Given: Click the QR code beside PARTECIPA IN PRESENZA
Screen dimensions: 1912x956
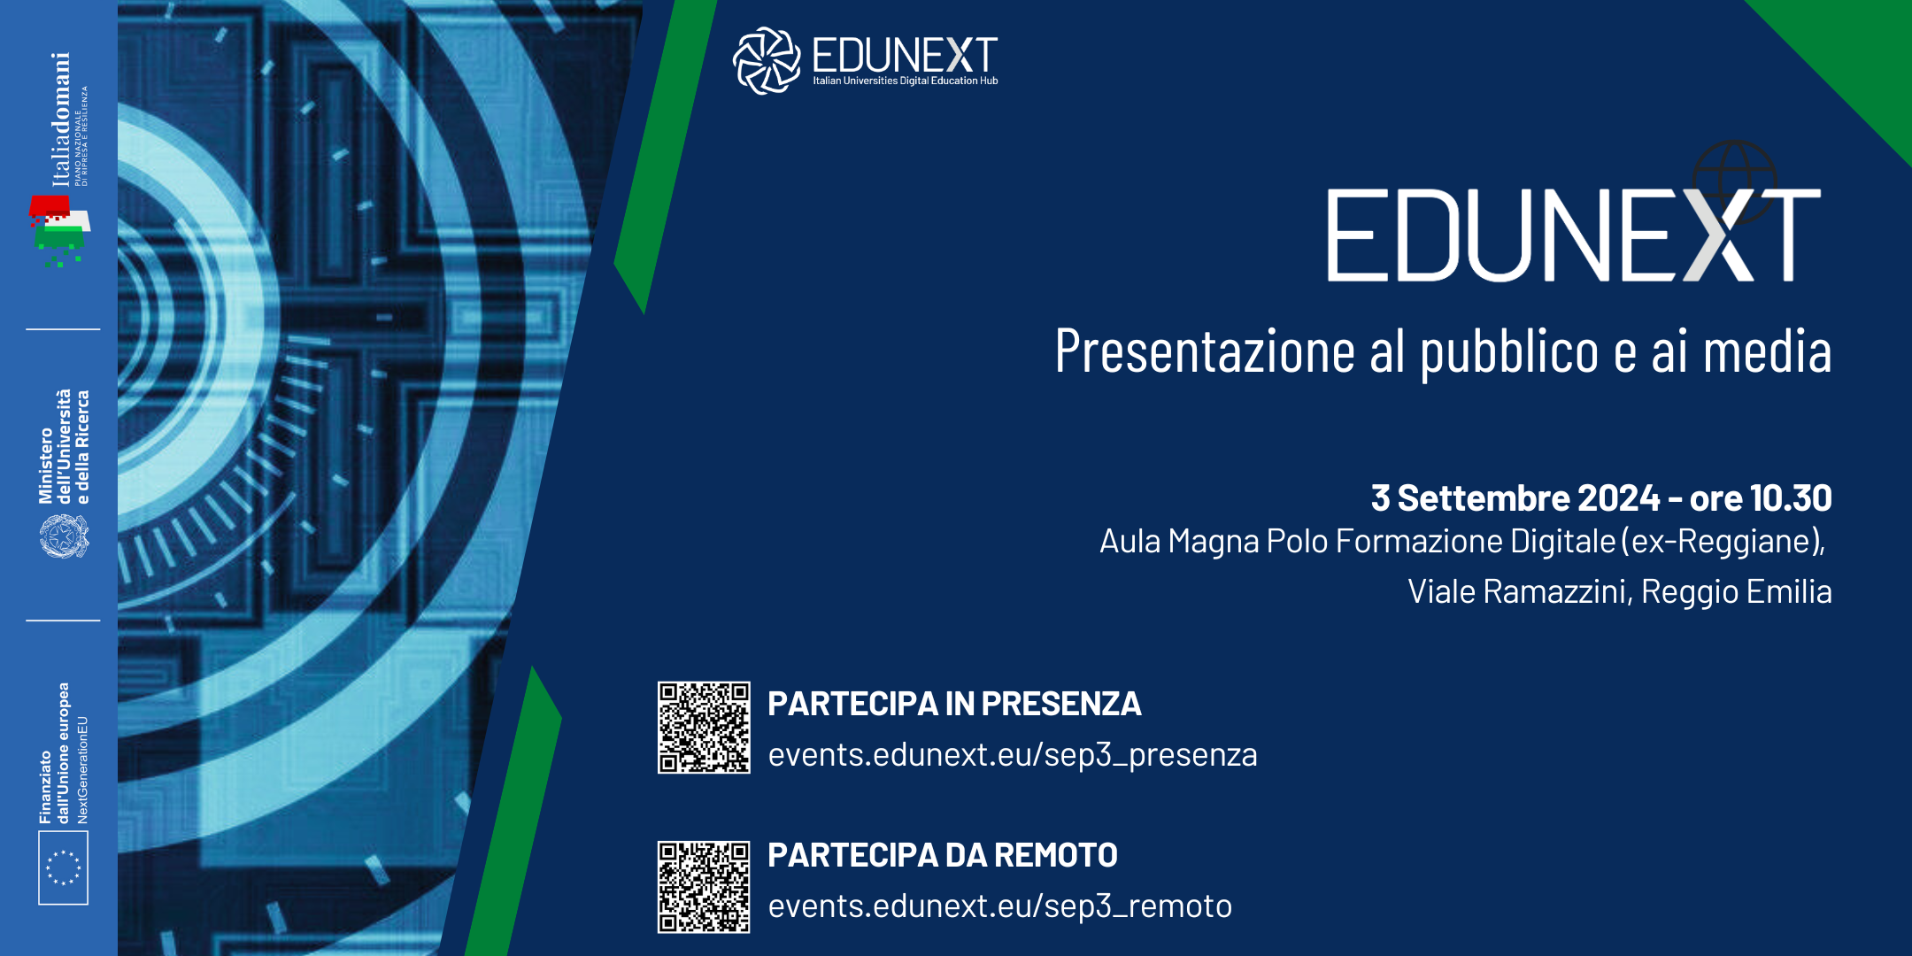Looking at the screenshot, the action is coord(704,728).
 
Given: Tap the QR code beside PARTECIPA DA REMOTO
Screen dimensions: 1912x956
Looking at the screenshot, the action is coord(704,887).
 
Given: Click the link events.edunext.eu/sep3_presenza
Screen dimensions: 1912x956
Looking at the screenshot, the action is coord(1013,755).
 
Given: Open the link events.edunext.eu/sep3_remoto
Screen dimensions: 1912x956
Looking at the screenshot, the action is coord(1000,906).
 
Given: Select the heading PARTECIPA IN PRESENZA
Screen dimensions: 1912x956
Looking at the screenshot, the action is coord(954,704).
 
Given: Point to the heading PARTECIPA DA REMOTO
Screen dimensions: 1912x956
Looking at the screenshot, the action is coord(943,855).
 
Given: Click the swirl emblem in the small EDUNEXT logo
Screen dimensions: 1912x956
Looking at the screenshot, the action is coord(767,60).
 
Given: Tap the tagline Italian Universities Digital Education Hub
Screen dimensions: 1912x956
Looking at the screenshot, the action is coord(906,81).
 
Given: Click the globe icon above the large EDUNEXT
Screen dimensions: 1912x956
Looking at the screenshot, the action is coord(1735,181).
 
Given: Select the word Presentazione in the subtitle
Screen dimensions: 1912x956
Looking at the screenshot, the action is coord(1205,351).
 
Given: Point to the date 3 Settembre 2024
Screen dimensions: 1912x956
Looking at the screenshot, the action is coord(1515,498).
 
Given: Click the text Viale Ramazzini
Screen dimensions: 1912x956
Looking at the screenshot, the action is coord(1518,592).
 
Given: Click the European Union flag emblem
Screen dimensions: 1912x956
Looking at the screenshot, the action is coord(63,867).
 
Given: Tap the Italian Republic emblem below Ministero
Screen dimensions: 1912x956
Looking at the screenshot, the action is coord(64,536).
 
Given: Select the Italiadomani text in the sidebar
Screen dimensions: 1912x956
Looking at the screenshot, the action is coord(60,119).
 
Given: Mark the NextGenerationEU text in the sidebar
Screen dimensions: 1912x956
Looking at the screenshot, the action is coord(82,769).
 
